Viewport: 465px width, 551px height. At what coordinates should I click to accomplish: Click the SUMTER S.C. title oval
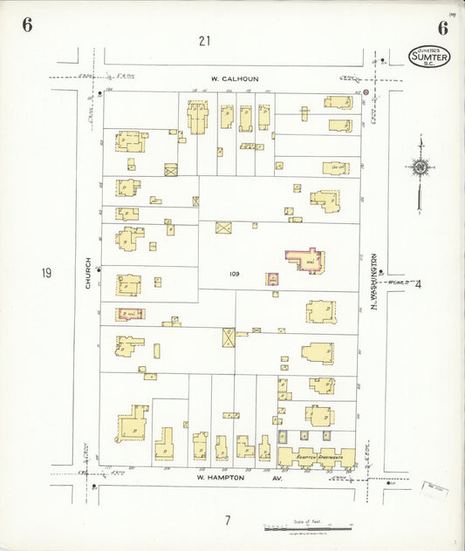pyautogui.click(x=430, y=56)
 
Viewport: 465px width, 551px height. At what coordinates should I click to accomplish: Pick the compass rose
pyautogui.click(x=421, y=167)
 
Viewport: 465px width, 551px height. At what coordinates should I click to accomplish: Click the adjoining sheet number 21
pyautogui.click(x=204, y=40)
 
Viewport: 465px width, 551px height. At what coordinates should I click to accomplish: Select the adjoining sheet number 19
pyautogui.click(x=45, y=273)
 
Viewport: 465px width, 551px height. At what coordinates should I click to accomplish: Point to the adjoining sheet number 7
pyautogui.click(x=227, y=520)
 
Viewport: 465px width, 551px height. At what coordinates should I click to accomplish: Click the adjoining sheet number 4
pyautogui.click(x=418, y=282)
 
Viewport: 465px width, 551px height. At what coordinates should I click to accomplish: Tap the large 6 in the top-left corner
pyautogui.click(x=27, y=24)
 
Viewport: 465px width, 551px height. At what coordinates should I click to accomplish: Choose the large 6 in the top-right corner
pyautogui.click(x=442, y=27)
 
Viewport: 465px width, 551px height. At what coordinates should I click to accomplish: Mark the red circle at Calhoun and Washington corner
pyautogui.click(x=366, y=92)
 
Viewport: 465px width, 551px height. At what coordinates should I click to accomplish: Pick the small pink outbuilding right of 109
pyautogui.click(x=272, y=279)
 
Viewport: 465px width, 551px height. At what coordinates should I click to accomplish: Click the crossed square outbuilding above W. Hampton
pyautogui.click(x=229, y=337)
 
